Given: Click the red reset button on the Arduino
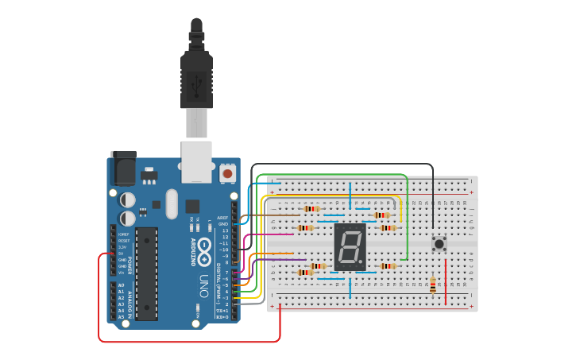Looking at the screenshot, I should tap(227, 172).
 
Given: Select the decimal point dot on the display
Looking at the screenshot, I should tap(363, 264).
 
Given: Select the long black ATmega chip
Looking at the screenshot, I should tap(146, 273).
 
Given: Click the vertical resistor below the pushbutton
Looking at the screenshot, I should tap(432, 284).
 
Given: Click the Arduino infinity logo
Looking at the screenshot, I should tap(204, 247).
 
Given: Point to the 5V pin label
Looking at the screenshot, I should tap(121, 254).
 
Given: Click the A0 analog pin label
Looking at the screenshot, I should tap(121, 285).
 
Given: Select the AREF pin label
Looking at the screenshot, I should tap(222, 217).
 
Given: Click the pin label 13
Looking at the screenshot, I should tap(225, 230).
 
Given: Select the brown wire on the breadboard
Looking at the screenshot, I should tap(286, 215).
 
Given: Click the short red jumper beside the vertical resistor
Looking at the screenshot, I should tap(446, 281).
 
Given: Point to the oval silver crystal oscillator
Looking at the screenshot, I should tap(172, 204).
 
